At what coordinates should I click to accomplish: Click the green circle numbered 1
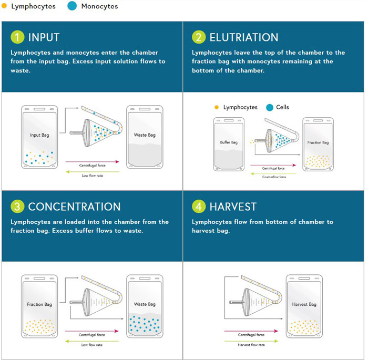tap(17, 37)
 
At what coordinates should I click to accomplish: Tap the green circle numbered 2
tap(199, 37)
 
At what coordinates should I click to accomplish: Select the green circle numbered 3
tap(17, 207)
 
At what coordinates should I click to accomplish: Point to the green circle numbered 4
tap(199, 207)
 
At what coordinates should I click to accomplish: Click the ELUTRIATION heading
tap(244, 37)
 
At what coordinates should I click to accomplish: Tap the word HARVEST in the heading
tap(233, 207)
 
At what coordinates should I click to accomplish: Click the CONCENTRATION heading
tap(75, 207)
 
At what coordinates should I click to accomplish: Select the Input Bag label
tap(39, 135)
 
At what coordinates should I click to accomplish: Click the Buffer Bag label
tap(229, 142)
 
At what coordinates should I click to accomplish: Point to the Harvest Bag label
tap(304, 304)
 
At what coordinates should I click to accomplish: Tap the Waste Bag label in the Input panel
tap(145, 135)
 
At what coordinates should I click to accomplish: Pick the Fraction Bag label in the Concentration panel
tap(39, 304)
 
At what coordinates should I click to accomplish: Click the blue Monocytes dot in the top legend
tap(72, 6)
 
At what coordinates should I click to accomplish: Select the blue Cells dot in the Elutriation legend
tap(270, 108)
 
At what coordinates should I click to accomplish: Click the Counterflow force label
tap(274, 177)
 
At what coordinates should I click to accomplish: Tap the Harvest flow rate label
tap(251, 345)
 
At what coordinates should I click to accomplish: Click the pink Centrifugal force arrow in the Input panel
tap(93, 161)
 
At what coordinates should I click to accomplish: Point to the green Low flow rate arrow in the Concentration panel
tap(92, 341)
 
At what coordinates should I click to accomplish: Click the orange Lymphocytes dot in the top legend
tap(4, 6)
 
